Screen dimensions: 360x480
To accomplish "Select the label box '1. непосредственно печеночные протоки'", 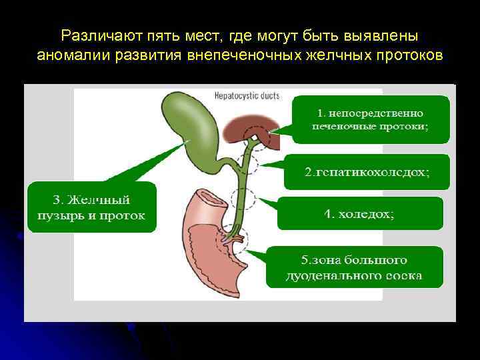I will [x=370, y=119].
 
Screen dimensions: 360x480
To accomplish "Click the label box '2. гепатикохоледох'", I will [x=367, y=172].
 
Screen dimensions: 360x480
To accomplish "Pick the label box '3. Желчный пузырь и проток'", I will [x=91, y=207].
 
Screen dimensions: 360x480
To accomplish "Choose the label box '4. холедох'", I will [x=360, y=213].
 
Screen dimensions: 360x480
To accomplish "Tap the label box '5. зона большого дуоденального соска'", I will [x=354, y=267].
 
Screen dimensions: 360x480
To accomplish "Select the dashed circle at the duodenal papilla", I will [x=235, y=238].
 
